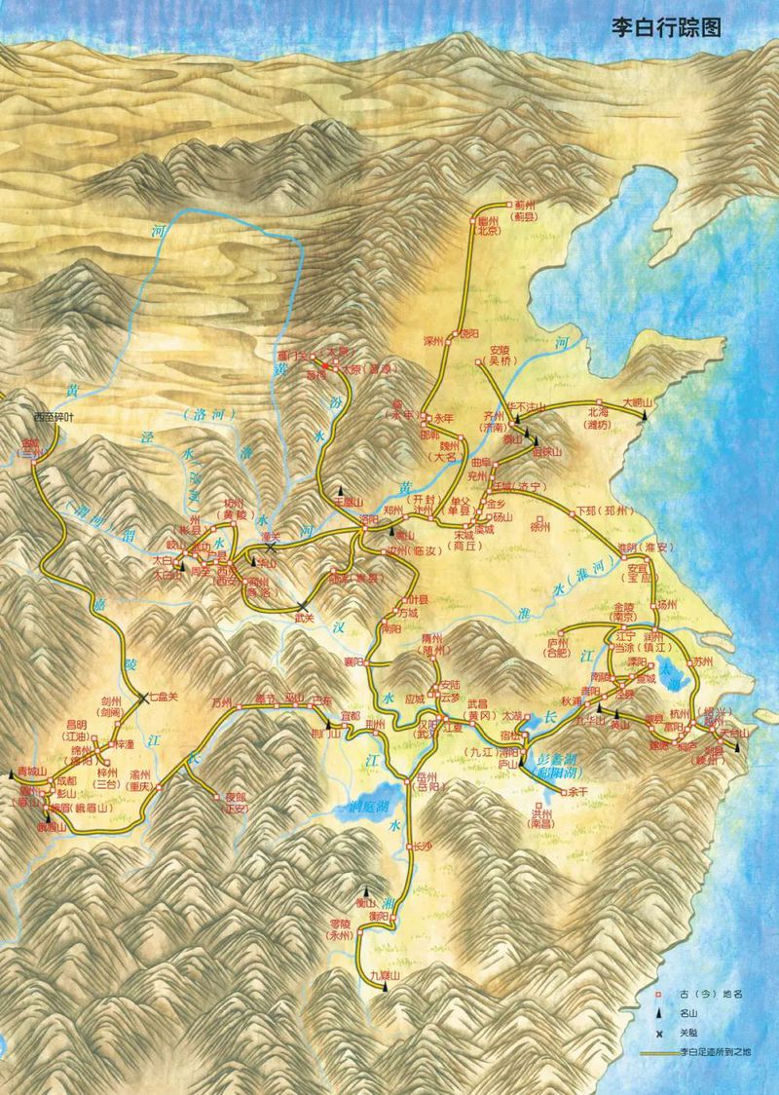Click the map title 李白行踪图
[x=665, y=27]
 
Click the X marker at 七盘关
[x=143, y=698]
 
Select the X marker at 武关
[x=304, y=606]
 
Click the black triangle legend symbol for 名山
[x=659, y=1013]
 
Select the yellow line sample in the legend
[x=659, y=1052]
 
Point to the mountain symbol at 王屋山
[x=341, y=489]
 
